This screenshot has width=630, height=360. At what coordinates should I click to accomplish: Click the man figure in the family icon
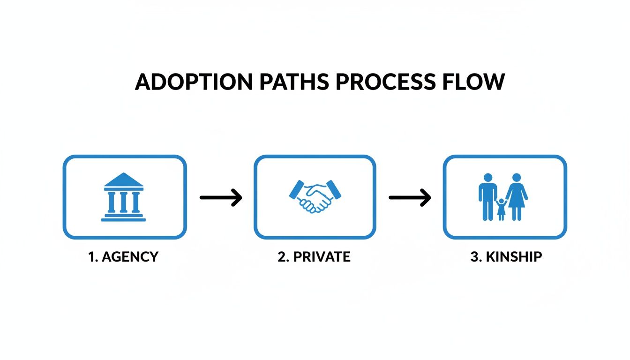487,197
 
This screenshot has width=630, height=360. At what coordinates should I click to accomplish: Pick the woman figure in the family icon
517,197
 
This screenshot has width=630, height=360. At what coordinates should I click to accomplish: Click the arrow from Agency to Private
220,198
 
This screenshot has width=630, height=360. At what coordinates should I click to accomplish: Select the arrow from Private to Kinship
409,198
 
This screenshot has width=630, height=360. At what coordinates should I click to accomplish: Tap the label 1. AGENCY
124,257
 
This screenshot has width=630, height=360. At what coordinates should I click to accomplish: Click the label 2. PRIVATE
314,257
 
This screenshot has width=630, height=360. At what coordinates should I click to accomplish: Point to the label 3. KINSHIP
506,257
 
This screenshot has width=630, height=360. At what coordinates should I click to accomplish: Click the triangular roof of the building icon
124,181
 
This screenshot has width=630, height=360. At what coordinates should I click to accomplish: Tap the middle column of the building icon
124,202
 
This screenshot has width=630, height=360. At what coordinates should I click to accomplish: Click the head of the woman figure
517,178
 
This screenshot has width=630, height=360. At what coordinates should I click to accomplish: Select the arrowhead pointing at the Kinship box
425,198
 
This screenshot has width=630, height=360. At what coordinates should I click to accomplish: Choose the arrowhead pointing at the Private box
237,198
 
